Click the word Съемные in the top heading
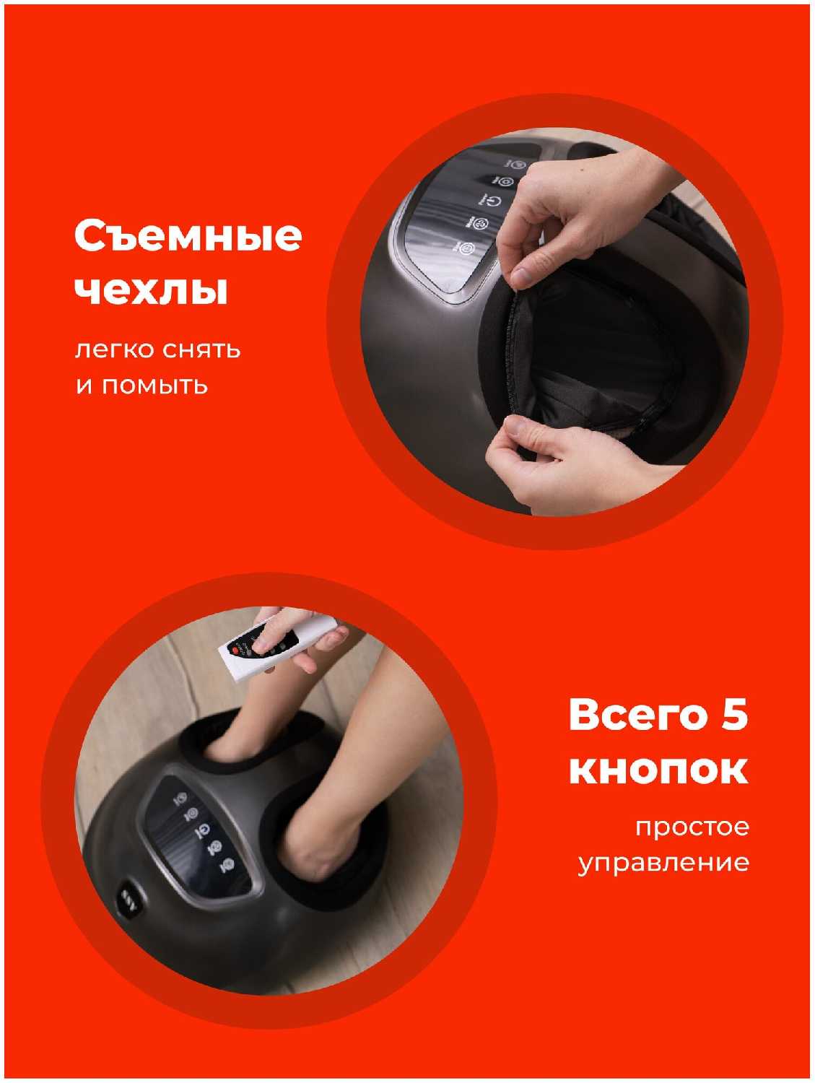(188, 236)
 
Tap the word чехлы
(152, 291)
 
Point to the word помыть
(155, 386)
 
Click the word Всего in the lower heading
(637, 716)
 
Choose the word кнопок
(658, 770)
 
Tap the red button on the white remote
(235, 651)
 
